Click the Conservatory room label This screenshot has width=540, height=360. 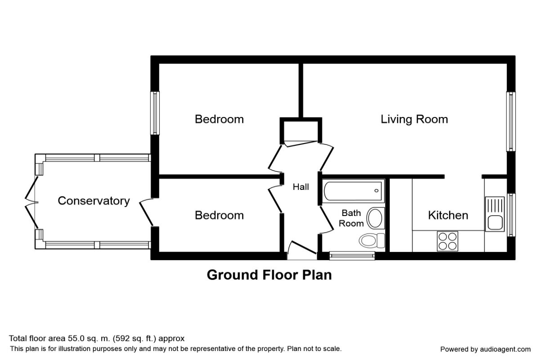point(94,201)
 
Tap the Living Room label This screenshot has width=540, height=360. point(414,119)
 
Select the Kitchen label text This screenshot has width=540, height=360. point(448,215)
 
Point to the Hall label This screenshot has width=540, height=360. point(301,187)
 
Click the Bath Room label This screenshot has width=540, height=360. point(351,218)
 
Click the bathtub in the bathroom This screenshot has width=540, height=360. point(353,191)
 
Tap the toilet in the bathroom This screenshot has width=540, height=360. point(372,240)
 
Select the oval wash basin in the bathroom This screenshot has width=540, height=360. point(375,218)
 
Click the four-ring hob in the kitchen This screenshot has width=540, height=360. point(447,241)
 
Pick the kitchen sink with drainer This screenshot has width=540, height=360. point(495,214)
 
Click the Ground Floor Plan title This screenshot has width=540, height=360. point(269,275)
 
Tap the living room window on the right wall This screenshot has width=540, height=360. point(511,121)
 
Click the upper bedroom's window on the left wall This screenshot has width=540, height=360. point(155,113)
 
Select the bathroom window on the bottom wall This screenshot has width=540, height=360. point(352,256)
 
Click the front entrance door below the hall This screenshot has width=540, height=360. point(302,250)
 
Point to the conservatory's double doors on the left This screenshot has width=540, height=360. point(31,202)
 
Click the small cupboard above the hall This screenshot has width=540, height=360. point(301,131)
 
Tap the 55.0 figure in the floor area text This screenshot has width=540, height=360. point(76,338)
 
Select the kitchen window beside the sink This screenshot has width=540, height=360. point(511,215)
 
